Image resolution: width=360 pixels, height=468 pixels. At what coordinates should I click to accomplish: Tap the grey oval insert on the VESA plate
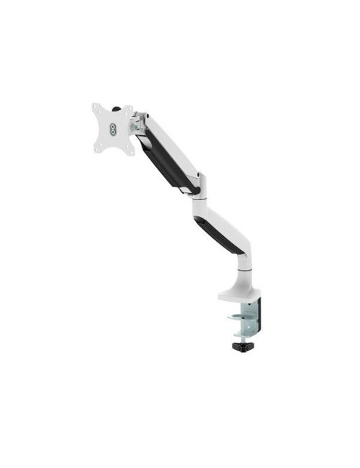[114, 128]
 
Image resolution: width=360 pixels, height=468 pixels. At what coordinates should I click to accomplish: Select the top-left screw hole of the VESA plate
[99, 110]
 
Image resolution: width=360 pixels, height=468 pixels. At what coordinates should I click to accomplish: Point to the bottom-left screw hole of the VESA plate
[99, 146]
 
